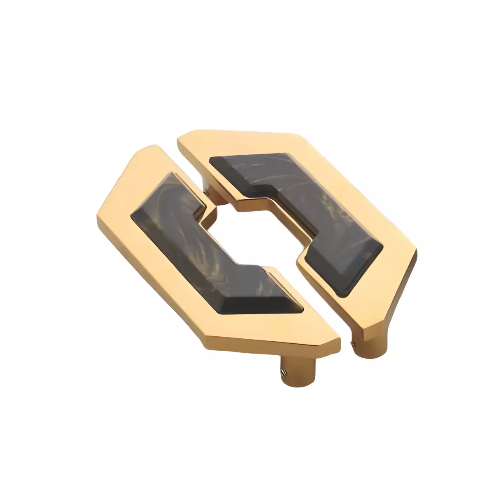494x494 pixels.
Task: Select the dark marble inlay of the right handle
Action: coord(313,206)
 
